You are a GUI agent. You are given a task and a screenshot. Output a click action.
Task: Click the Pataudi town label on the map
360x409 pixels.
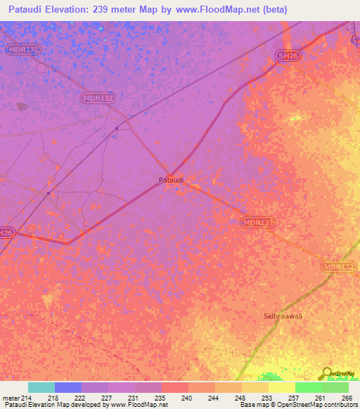coord(171,180)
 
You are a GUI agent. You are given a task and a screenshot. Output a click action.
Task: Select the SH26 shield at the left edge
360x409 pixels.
coord(6,233)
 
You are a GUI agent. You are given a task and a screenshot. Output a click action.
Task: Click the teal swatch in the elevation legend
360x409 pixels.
coord(41,387)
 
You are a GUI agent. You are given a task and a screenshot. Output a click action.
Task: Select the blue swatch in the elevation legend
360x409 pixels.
coord(68,387)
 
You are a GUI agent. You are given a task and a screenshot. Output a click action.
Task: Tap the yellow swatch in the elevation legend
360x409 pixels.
coord(282,387)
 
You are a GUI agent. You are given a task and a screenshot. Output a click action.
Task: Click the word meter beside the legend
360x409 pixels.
coord(11,398)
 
